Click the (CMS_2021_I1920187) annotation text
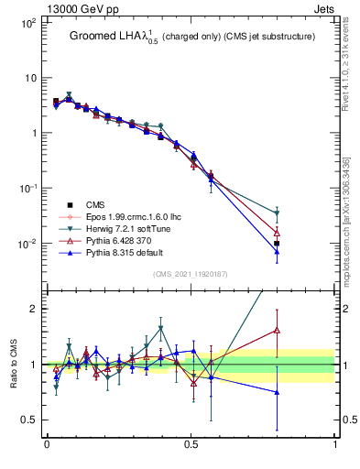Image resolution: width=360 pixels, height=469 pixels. pos(191,273)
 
